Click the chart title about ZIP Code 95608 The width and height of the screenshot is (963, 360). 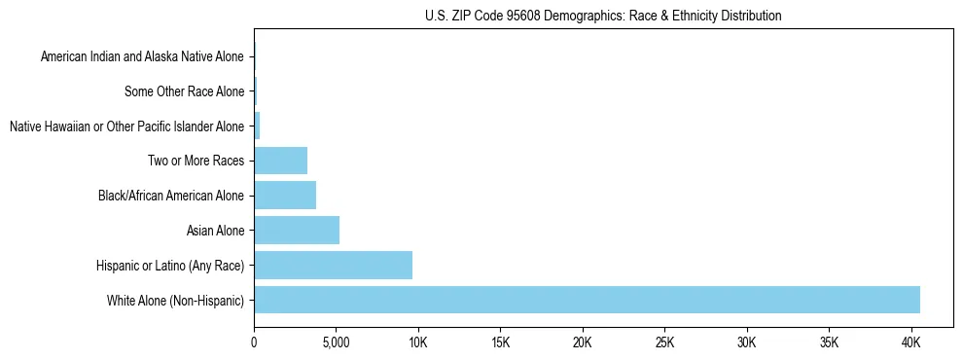coord(603,16)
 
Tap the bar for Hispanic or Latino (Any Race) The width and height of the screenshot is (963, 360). coord(333,265)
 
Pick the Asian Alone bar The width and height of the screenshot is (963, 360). coord(297,230)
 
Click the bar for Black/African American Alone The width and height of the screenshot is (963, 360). coord(285,196)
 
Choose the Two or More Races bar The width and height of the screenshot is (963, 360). coord(280,161)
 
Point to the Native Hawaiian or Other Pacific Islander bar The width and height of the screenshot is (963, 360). coord(257,126)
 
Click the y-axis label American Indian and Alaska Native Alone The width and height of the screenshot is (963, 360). coord(142,56)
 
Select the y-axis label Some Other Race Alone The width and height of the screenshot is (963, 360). coord(184,91)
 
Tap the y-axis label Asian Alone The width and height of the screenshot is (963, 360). coord(215,231)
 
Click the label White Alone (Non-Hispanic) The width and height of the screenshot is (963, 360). coord(175,301)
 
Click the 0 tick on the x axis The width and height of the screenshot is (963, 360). coord(254,342)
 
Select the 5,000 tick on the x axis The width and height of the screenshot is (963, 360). coord(336,342)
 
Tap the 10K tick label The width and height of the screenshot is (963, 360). coord(418,342)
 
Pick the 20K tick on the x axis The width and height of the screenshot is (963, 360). coord(583,342)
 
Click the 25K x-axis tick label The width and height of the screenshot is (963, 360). coord(664,342)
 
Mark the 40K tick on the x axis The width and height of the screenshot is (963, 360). coord(911,342)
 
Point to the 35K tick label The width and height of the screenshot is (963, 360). coord(829,342)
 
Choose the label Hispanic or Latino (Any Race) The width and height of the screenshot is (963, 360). coord(170,266)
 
